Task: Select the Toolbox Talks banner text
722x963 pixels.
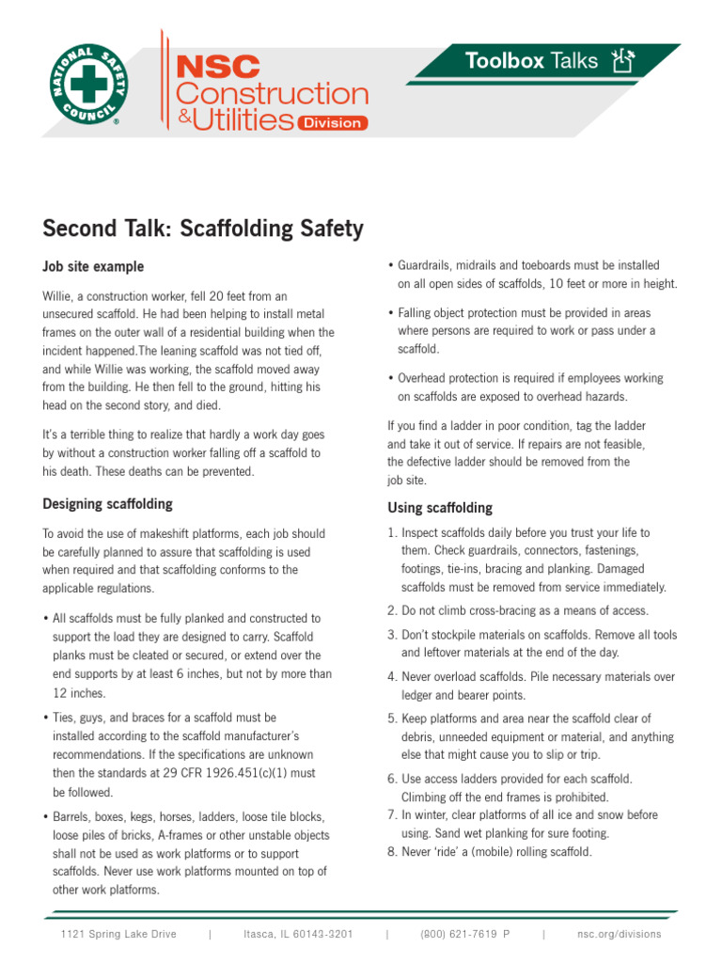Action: point(531,61)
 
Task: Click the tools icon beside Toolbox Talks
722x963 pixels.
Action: point(621,62)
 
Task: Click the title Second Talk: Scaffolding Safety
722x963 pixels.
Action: point(202,229)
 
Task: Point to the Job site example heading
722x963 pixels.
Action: point(93,267)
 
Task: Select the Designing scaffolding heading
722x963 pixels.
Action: point(107,504)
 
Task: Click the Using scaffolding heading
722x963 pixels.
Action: point(440,508)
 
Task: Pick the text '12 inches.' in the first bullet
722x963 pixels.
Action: point(79,692)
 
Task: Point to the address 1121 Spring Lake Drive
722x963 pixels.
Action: point(118,934)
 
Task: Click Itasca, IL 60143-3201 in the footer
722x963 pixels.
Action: point(298,934)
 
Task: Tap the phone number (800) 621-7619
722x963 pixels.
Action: point(458,934)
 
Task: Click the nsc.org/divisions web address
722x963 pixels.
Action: point(620,934)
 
